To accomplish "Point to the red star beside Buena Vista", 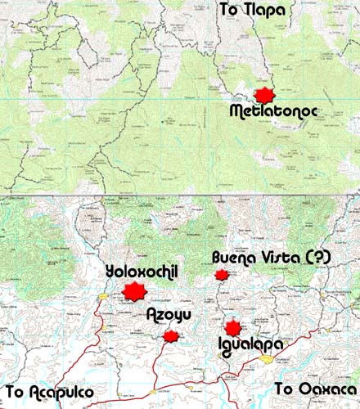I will click(x=221, y=275).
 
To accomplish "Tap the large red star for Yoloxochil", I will click(x=133, y=290).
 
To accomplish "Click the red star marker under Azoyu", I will click(x=171, y=336).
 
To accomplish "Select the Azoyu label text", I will click(x=169, y=316).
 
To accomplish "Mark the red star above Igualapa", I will click(x=233, y=327).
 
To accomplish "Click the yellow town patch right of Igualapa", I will click(x=267, y=358).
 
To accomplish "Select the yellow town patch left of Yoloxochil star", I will click(x=104, y=296).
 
